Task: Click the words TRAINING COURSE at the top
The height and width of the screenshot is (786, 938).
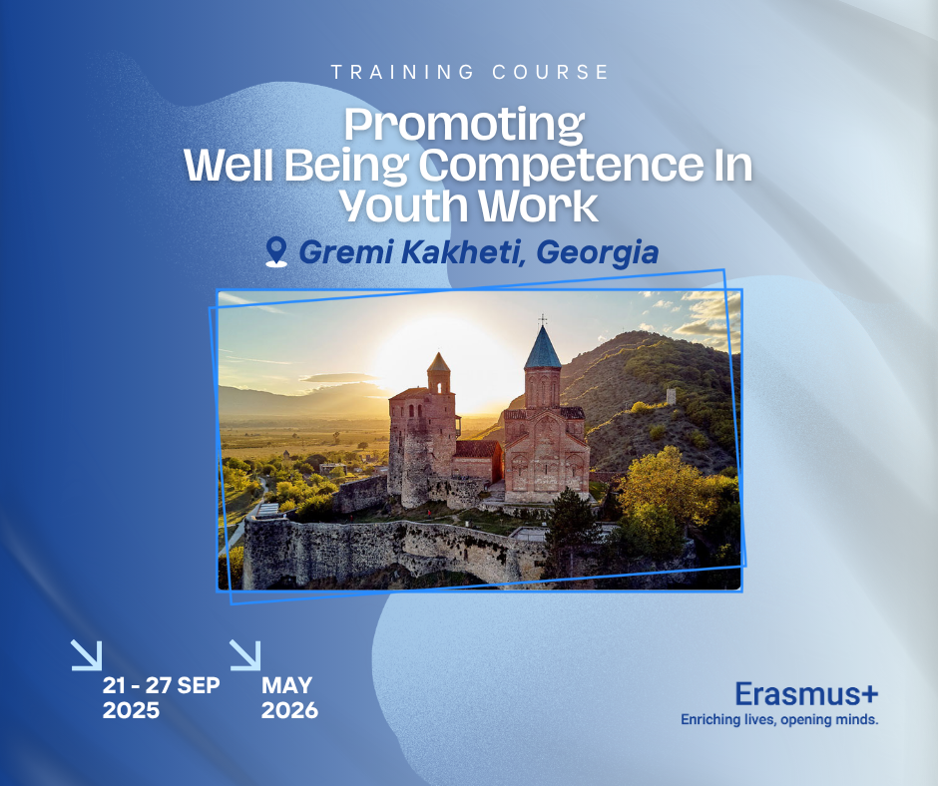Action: [470, 73]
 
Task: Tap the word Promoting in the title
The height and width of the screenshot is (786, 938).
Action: [464, 126]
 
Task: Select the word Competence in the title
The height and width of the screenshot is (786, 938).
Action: [561, 166]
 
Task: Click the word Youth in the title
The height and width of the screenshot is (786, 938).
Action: [405, 206]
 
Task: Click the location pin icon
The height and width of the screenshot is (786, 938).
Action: [276, 251]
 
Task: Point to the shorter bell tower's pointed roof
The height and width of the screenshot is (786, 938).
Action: [438, 362]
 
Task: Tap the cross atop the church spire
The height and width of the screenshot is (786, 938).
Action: [543, 320]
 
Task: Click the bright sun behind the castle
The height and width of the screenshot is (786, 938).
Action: [455, 360]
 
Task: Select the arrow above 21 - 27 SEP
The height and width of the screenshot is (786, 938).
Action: [87, 655]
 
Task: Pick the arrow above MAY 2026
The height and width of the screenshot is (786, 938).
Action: [245, 655]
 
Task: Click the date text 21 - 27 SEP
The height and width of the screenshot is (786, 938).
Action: [161, 685]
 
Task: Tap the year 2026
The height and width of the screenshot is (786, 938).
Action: [289, 710]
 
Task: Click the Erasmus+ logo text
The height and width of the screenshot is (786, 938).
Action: [806, 694]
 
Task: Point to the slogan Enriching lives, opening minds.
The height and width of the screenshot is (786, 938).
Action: [779, 719]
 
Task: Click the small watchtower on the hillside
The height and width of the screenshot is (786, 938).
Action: [672, 395]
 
